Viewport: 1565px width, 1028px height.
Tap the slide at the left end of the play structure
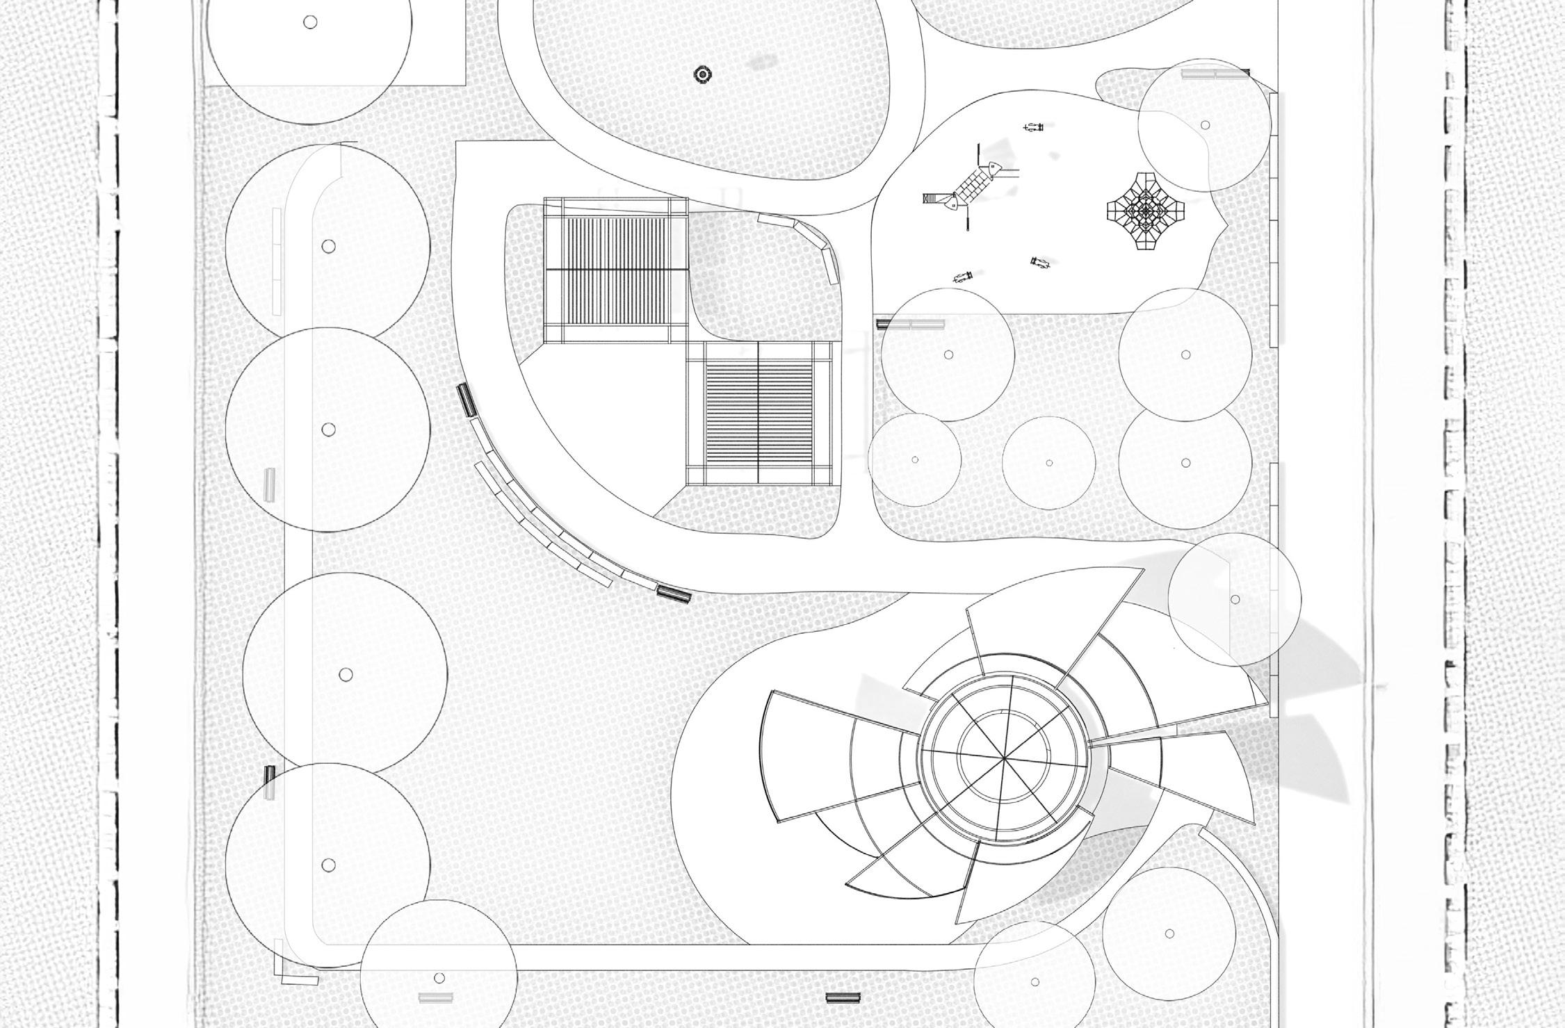pyautogui.click(x=932, y=198)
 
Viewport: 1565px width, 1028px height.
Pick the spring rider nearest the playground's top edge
pyautogui.click(x=1034, y=127)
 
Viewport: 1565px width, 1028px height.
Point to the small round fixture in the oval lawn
pyautogui.click(x=702, y=74)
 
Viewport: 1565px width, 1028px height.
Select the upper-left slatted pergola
pyautogui.click(x=615, y=270)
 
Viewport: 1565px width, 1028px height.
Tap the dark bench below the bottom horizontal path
pyautogui.click(x=843, y=997)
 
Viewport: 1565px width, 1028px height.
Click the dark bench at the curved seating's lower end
pyautogui.click(x=673, y=594)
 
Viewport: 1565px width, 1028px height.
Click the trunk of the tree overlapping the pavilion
pyautogui.click(x=1235, y=599)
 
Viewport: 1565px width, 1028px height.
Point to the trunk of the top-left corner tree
pyautogui.click(x=310, y=22)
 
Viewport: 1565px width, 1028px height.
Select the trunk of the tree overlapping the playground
pyautogui.click(x=1205, y=125)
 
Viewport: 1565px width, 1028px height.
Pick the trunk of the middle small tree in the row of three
pyautogui.click(x=1049, y=463)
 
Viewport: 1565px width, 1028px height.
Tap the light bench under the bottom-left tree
pyautogui.click(x=432, y=997)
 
